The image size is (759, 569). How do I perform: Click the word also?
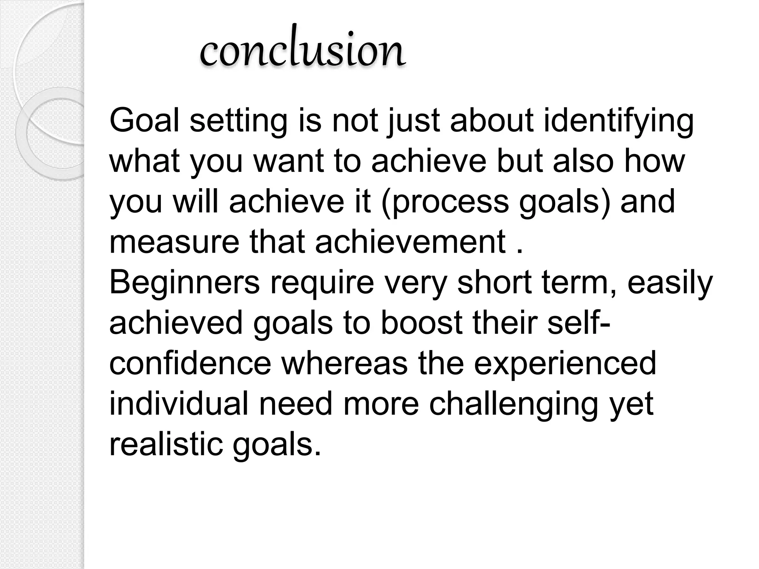point(583,161)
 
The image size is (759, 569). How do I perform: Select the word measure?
point(174,242)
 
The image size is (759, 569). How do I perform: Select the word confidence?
point(190,363)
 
